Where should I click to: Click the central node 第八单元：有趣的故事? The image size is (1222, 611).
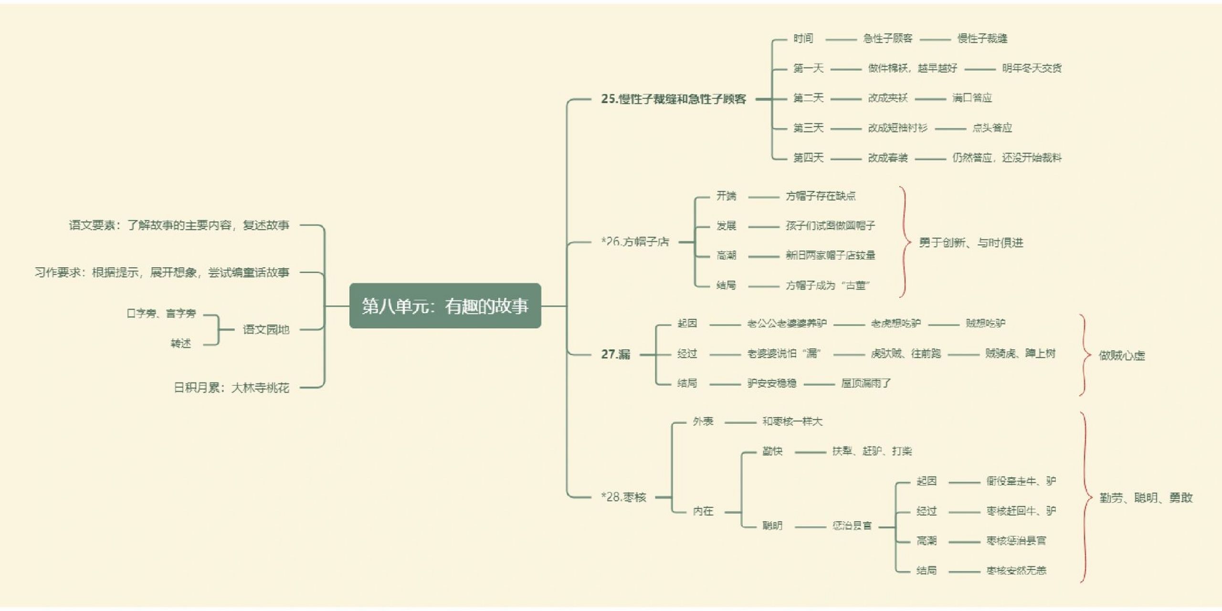(x=445, y=305)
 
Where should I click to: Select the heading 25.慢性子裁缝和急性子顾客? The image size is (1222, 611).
(x=673, y=99)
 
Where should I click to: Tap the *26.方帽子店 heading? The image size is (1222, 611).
(x=635, y=242)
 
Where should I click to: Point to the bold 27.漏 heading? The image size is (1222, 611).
(x=615, y=354)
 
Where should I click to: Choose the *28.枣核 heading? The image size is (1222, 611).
(x=623, y=497)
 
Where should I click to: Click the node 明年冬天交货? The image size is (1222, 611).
(x=1032, y=68)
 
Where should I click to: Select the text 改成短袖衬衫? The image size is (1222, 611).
(x=897, y=128)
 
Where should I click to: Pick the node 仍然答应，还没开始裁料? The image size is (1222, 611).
(x=1007, y=158)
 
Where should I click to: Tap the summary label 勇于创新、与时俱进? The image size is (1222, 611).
(x=971, y=243)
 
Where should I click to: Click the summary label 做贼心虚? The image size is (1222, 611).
(x=1122, y=356)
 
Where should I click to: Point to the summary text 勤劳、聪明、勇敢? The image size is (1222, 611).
(x=1146, y=498)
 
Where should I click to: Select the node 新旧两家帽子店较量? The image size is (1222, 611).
(x=831, y=255)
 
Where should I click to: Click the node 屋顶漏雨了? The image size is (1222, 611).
(x=866, y=383)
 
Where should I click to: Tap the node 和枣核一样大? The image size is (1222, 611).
(x=792, y=421)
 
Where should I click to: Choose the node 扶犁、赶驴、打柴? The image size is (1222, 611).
(x=872, y=451)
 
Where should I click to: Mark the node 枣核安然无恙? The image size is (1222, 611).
(x=1016, y=570)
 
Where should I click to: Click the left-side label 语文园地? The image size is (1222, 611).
(x=266, y=329)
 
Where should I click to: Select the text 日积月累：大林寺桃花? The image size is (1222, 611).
(x=231, y=388)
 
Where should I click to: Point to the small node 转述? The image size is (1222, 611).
(x=181, y=344)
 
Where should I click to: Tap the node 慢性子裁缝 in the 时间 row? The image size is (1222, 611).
(x=982, y=39)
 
